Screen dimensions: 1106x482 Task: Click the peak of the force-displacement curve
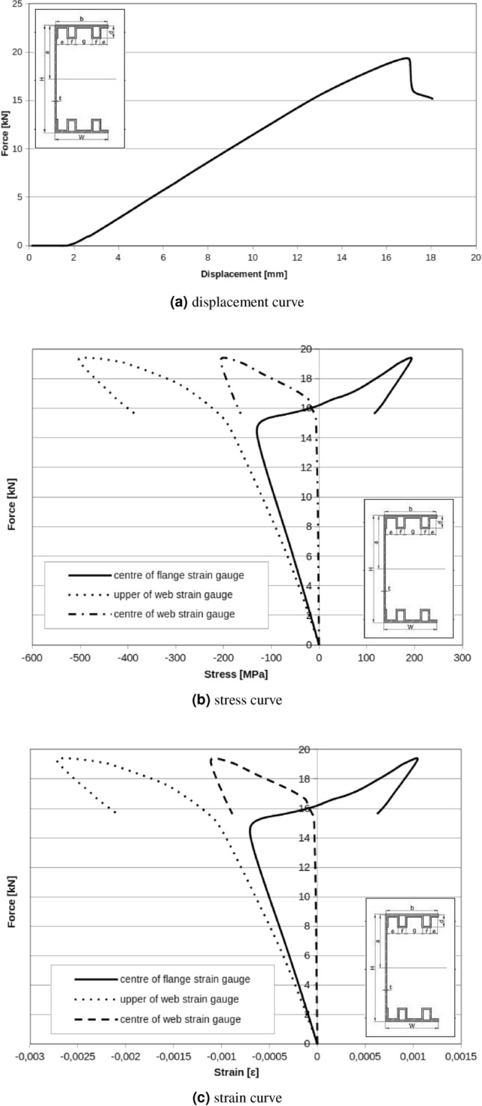pyautogui.click(x=407, y=58)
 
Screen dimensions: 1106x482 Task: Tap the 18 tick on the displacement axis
pyautogui.click(x=431, y=257)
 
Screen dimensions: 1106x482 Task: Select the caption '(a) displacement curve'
pyautogui.click(x=241, y=306)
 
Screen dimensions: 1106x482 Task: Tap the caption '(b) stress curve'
pyautogui.click(x=241, y=704)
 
